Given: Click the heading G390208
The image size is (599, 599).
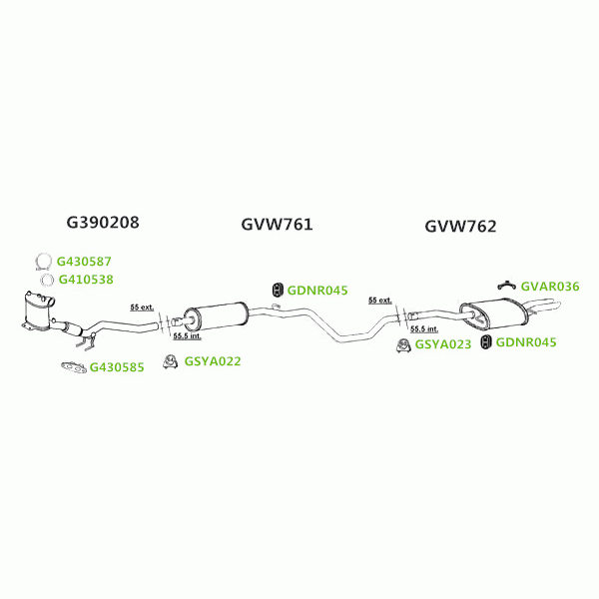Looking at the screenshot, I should [103, 222].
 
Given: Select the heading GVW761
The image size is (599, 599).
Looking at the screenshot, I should [277, 225].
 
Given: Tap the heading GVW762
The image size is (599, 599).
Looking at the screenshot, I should [460, 227].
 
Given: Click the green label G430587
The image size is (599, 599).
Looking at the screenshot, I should [91, 262].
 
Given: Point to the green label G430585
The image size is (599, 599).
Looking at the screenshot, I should [117, 367].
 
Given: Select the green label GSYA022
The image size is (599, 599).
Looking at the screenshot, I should [213, 361].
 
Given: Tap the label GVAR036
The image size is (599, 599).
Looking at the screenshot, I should [549, 286].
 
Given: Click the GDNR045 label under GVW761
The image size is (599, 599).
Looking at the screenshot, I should [316, 291].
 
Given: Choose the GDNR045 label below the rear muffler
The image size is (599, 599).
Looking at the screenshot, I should [526, 342].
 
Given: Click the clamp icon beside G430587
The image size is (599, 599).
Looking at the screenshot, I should [43, 263].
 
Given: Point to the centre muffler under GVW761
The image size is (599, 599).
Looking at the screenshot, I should [214, 315].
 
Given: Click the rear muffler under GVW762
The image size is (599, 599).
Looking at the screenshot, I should [496, 311].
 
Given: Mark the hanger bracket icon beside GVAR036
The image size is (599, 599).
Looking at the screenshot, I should [507, 287].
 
